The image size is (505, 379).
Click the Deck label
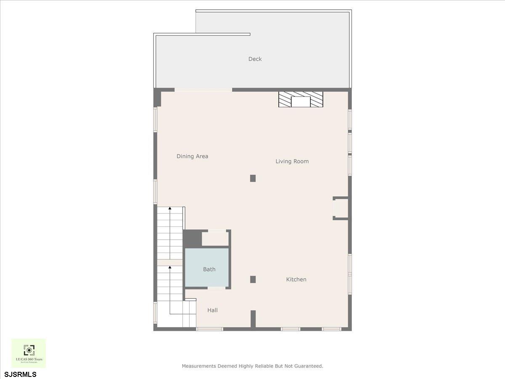pos(255,59)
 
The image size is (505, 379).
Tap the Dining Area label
pos(192,156)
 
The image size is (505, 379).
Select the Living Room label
pos(292,161)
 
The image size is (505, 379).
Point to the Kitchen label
pos(296,279)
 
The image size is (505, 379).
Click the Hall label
pos(213,310)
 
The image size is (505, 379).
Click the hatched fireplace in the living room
pos(300,100)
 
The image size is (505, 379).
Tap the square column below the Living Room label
pos(253,178)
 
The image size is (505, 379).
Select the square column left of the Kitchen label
pos(253,279)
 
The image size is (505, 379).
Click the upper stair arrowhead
pos(170,208)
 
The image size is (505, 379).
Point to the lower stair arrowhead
pos(170,267)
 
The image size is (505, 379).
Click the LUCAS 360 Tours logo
pos(29,353)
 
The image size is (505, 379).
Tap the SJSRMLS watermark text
pos(21,374)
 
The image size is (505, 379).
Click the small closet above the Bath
pos(215,239)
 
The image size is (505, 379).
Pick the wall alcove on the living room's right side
pos(341,208)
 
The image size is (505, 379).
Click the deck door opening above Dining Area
pos(203,90)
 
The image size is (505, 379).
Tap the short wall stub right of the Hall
pos(253,319)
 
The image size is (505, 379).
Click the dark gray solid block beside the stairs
pos(191,238)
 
